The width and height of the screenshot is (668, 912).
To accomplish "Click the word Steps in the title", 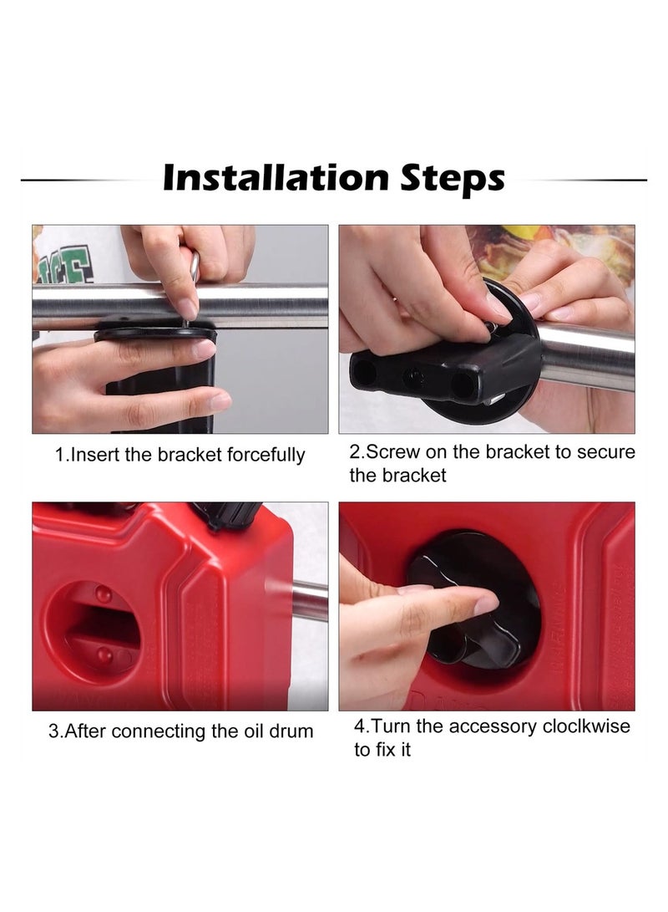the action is pyautogui.click(x=453, y=179).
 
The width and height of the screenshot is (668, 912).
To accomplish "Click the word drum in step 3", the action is pyautogui.click(x=291, y=731).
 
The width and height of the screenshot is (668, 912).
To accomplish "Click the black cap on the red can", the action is pyautogui.click(x=226, y=513).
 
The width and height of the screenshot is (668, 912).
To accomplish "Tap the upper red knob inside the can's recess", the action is pyautogui.click(x=104, y=594).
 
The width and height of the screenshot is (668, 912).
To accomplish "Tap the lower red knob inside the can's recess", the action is pyautogui.click(x=104, y=655).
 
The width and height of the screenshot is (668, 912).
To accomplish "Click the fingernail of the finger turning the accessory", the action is pyautogui.click(x=485, y=604).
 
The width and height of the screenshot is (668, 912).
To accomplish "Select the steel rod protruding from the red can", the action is pyautogui.click(x=309, y=601).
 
